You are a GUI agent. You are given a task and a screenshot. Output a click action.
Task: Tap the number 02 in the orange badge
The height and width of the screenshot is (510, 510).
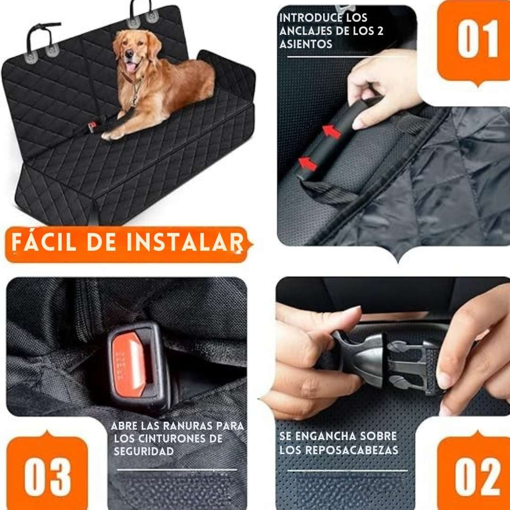(x=477, y=477)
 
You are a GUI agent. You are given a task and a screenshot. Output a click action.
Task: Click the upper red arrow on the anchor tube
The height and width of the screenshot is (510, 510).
(x=332, y=132)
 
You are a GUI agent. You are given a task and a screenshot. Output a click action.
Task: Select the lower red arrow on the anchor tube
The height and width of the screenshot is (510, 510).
(x=307, y=163)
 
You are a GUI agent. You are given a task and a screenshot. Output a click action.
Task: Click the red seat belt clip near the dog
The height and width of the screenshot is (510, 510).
(x=92, y=127)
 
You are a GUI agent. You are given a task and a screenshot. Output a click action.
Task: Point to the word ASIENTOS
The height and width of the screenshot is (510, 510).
(x=306, y=44)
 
